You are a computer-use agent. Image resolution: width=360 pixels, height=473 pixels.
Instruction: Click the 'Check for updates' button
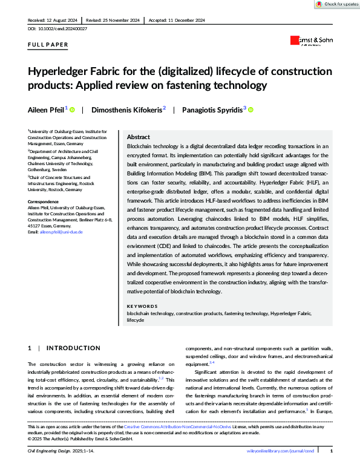tap(337, 4)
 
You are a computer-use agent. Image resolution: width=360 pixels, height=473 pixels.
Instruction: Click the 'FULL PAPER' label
tap(48, 45)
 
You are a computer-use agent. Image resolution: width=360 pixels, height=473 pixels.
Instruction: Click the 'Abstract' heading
tap(139, 137)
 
